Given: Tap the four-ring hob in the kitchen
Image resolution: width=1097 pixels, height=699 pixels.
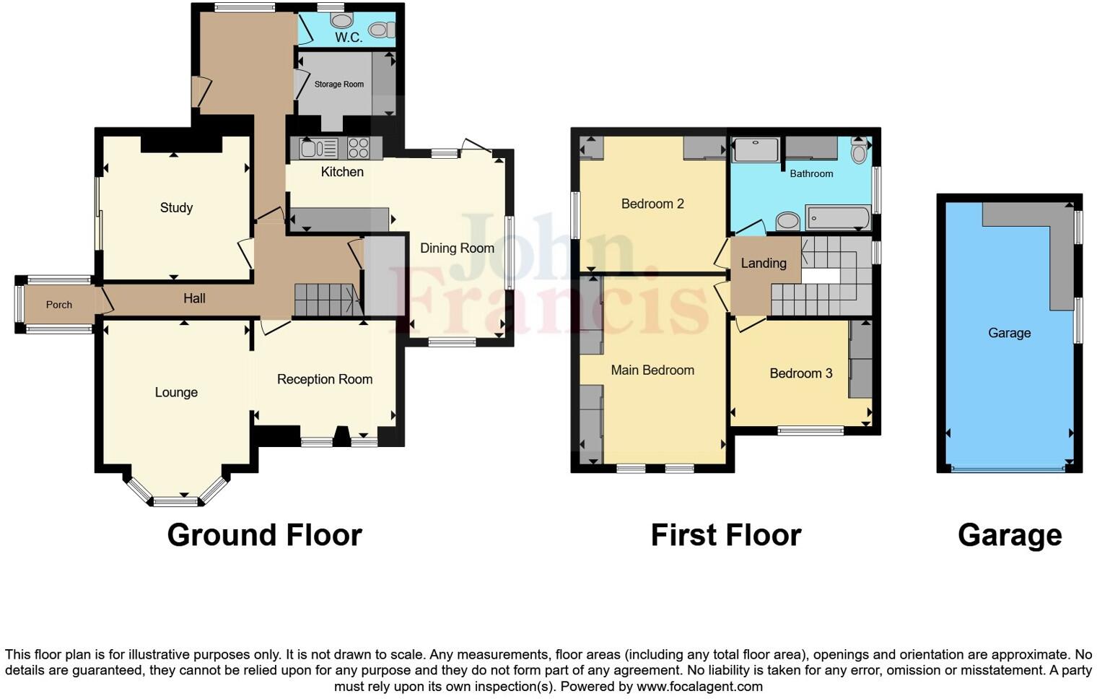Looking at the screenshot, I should coord(359,149).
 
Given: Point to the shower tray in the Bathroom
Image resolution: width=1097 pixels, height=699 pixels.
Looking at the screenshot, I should coord(756,150).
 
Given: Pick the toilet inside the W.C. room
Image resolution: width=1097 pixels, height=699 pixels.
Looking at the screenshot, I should coord(379,30).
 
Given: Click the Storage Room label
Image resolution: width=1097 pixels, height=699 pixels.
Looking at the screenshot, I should coord(338,84).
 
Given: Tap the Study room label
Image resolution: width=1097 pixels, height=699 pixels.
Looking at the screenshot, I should coord(176,208).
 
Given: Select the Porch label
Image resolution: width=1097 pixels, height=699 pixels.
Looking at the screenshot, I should coord(59,305).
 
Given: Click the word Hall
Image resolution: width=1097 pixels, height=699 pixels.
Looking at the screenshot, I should coord(194,298).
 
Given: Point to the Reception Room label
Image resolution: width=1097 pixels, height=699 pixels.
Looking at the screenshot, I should coord(325,379).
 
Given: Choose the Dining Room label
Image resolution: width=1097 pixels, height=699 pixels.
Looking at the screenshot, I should coord(457,248).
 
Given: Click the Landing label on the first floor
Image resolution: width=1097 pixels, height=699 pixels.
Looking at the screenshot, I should coord(763,264).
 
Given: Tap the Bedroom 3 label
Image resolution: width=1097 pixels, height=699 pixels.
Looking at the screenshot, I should coord(800,373).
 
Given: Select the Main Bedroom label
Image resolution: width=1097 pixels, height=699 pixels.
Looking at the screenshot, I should coord(652,370).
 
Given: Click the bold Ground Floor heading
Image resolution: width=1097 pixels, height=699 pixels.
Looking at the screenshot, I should coord(264,535).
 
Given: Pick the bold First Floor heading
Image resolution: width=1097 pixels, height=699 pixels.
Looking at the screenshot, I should coord(725,535).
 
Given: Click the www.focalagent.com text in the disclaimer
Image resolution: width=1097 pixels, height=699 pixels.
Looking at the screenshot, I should coord(699,687).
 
